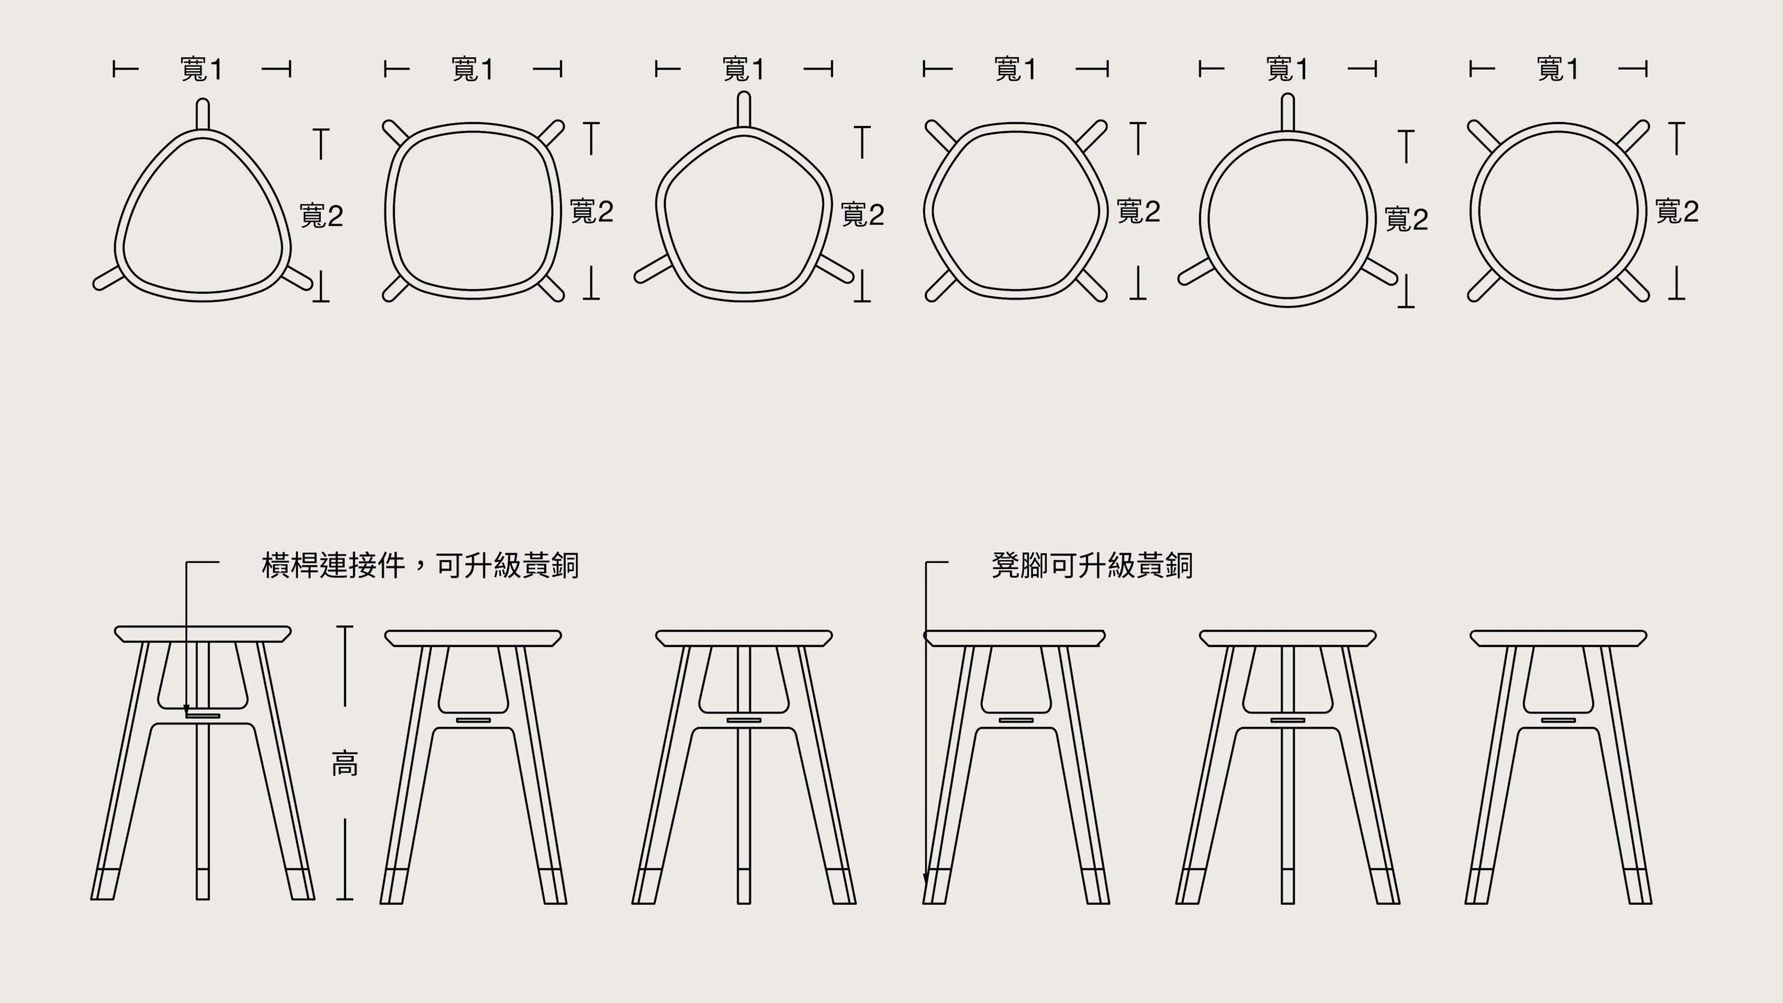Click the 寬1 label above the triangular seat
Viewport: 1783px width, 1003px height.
(x=202, y=70)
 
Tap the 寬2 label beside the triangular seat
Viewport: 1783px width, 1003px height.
(x=322, y=216)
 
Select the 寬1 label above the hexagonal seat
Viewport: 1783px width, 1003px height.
(x=1015, y=70)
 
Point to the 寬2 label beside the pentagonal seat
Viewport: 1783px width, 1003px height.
(x=863, y=215)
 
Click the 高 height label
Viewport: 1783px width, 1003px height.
(x=345, y=765)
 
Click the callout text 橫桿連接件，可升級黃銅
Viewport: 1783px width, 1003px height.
(x=420, y=566)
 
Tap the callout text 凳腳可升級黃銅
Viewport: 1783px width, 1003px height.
(x=1092, y=566)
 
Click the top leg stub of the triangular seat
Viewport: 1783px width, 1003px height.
(x=203, y=114)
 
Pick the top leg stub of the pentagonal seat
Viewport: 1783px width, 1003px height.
(x=744, y=111)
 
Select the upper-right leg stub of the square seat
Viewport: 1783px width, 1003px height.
(x=552, y=133)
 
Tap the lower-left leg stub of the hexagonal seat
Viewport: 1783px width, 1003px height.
(x=938, y=287)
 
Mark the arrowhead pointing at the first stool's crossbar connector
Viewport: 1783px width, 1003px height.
(x=186, y=710)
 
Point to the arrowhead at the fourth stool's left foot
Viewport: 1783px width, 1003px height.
(x=926, y=880)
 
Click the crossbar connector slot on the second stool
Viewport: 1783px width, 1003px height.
(x=474, y=720)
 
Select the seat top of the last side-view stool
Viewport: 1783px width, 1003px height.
(x=1559, y=638)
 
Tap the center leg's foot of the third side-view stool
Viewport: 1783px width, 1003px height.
(x=744, y=886)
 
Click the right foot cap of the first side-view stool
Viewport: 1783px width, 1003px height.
(x=301, y=884)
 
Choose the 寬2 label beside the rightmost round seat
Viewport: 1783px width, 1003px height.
(x=1677, y=212)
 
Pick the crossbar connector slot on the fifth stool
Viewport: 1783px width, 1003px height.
(x=1288, y=720)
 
